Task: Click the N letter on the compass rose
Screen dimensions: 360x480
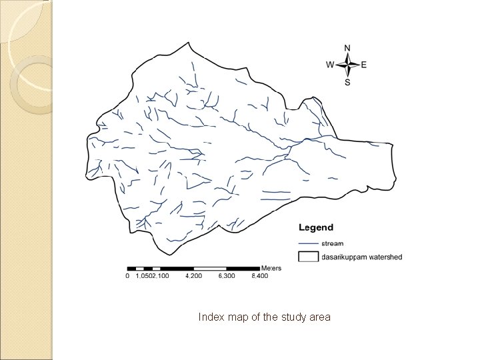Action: (x=347, y=48)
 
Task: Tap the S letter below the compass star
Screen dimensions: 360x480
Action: (x=347, y=82)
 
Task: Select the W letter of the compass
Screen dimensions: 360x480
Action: (x=330, y=65)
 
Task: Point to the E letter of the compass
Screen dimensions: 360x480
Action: (x=364, y=65)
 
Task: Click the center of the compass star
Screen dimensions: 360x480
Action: (x=347, y=65)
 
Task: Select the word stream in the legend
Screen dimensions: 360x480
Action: (x=333, y=244)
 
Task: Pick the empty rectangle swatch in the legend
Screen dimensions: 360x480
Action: (x=307, y=256)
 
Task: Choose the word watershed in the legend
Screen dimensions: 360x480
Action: (x=387, y=257)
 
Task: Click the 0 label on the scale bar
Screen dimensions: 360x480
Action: (x=127, y=275)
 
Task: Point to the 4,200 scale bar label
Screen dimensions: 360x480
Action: (x=193, y=275)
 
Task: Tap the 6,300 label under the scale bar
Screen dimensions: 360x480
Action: (x=227, y=275)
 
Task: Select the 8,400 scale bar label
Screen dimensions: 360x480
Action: (x=259, y=275)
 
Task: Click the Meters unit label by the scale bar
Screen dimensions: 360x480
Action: (x=271, y=268)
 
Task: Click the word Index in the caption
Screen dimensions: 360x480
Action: (x=211, y=317)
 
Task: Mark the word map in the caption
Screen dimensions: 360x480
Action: (x=237, y=317)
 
